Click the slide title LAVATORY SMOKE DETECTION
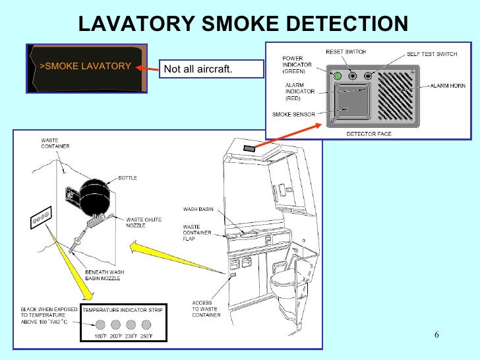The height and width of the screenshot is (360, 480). [x=243, y=24]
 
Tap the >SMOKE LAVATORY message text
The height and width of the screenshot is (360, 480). [x=85, y=67]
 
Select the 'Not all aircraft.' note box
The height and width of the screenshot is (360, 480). [x=198, y=69]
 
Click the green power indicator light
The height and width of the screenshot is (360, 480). [x=337, y=76]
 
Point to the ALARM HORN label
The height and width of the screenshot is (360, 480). [x=448, y=86]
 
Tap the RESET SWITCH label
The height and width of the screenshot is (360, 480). [x=345, y=52]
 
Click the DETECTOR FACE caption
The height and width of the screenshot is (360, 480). [x=369, y=134]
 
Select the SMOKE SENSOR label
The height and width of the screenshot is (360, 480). [x=293, y=114]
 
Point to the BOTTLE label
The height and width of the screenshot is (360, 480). [x=128, y=178]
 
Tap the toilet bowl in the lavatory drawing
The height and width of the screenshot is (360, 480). [x=285, y=284]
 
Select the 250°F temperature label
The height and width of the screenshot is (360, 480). [x=146, y=336]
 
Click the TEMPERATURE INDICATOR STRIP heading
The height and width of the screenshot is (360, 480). [x=123, y=309]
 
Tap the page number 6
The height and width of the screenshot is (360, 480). [x=436, y=334]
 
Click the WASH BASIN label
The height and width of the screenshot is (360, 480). [x=196, y=210]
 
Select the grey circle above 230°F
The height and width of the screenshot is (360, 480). [x=131, y=324]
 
